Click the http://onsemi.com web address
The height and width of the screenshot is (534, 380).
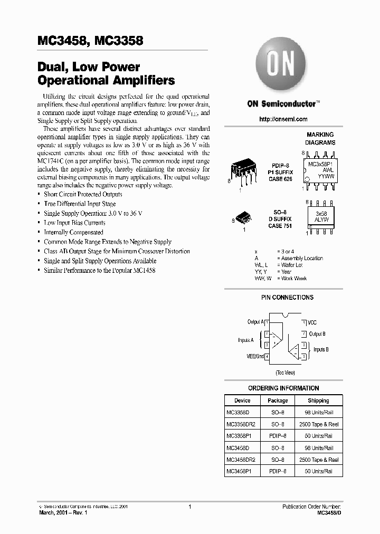[x=283, y=119]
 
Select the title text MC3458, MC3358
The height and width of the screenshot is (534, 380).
[x=90, y=41]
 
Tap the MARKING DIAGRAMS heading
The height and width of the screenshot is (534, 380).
[x=320, y=139]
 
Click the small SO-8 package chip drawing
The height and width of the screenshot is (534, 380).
[x=243, y=219]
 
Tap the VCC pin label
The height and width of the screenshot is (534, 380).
[x=312, y=322]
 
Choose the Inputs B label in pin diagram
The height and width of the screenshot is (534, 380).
[x=321, y=349]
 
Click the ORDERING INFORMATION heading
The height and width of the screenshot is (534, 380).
[x=283, y=388]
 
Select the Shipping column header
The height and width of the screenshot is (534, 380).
[x=318, y=400]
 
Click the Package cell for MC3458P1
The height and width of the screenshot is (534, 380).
[x=278, y=471]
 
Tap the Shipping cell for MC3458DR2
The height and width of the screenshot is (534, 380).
[x=318, y=460]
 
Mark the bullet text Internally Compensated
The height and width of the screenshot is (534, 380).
[x=73, y=232]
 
